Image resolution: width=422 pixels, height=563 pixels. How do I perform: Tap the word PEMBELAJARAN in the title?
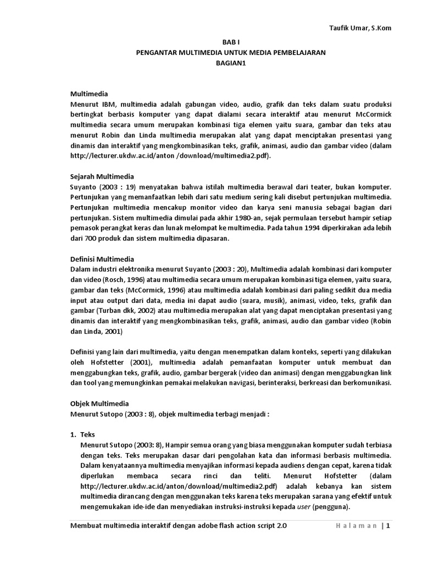[x=298, y=52]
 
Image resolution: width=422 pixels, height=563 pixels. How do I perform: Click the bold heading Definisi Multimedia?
[x=103, y=259]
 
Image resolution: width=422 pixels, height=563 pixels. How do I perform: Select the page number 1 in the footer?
[x=388, y=526]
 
